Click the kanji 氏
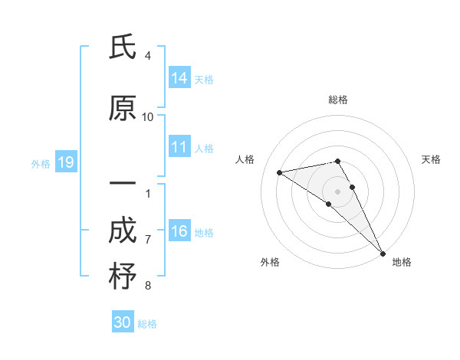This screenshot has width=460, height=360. pos(123,48)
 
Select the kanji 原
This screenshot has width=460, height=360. pos(123,110)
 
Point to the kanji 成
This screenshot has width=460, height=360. pos(123,232)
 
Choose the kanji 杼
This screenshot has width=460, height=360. pos(123,277)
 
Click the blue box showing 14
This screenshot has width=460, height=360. pos(179,78)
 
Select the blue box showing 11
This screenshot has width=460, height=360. pos(179,148)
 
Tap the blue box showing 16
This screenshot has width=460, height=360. pos(179,232)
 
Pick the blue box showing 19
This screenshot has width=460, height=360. pos(66,162)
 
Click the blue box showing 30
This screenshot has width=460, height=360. pos(123,322)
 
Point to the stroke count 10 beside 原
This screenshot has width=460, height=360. pos(148,116)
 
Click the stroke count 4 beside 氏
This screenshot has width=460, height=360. pos(148,56)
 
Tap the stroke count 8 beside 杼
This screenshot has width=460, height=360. pos(148,286)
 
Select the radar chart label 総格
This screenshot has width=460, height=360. pos(338,100)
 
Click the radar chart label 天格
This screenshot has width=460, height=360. pos(431,159)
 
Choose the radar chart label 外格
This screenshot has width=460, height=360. pos(270,262)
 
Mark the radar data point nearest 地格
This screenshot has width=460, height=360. pos(383,253)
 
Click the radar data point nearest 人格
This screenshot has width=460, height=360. pos(280,172)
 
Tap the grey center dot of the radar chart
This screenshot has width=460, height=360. pos(338,191)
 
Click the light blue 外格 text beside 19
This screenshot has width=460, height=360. pos(40,163)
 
